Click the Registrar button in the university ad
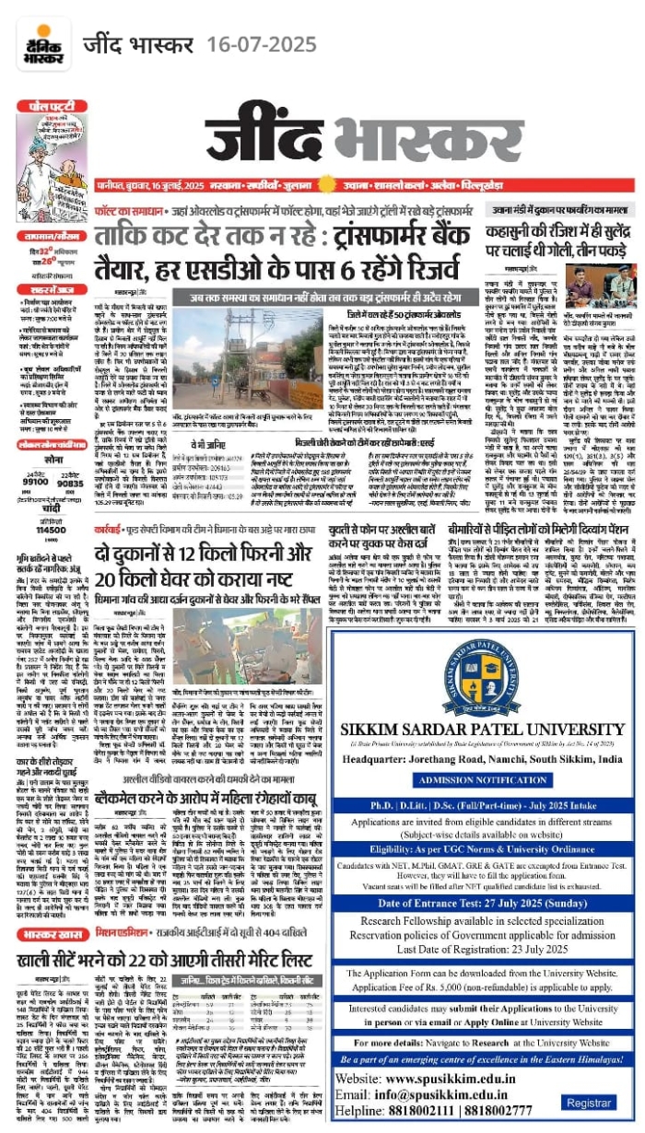587,1103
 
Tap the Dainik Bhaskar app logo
40,45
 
